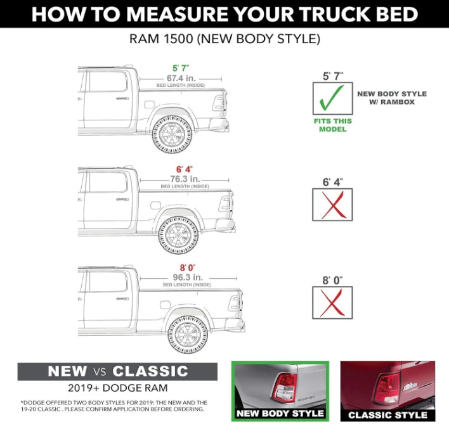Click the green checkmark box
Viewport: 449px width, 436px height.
[x=332, y=99]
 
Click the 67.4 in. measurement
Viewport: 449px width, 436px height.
[x=181, y=78]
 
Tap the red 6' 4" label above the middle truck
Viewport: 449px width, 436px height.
[x=185, y=169]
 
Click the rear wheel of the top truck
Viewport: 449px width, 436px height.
[x=171, y=134]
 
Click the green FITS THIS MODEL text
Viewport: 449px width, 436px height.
[x=332, y=125]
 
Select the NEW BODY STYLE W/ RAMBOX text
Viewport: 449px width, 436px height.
[x=392, y=98]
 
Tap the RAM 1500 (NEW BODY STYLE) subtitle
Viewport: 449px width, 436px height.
[x=224, y=39]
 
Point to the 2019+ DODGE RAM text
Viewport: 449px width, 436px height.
[x=117, y=388]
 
